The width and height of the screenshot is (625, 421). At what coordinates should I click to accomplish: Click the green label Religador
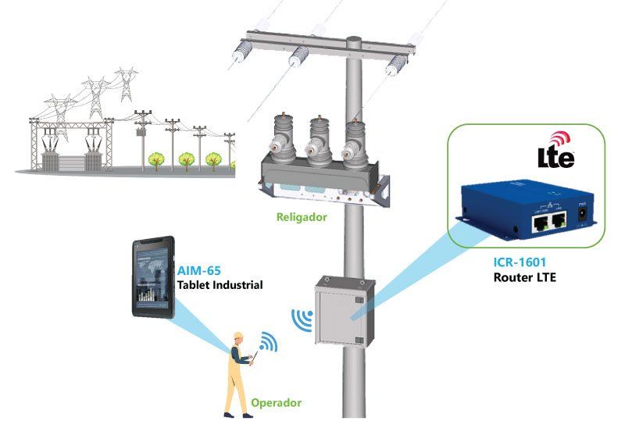302,217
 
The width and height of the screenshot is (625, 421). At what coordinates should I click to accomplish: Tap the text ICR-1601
520,262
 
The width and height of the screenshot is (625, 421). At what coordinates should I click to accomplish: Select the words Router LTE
524,277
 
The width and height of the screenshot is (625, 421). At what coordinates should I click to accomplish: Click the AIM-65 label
198,271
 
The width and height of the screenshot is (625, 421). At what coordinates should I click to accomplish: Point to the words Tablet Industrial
220,285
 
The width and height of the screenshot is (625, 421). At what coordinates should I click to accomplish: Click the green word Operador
277,403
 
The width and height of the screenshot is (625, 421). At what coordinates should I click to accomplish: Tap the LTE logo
556,151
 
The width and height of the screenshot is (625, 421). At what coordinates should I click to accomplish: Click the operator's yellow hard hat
238,335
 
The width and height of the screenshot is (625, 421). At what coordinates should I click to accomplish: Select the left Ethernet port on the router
541,223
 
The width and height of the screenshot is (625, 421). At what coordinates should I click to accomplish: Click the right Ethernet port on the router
559,220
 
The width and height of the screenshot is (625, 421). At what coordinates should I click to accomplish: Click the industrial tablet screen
152,278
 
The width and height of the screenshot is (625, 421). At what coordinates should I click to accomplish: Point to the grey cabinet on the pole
345,311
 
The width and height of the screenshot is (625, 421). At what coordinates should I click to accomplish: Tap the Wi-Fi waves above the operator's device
269,341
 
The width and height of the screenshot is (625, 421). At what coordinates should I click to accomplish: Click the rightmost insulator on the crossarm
396,66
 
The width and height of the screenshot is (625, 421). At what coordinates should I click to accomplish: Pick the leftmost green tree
155,160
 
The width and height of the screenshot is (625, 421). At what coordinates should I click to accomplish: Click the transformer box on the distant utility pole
141,131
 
